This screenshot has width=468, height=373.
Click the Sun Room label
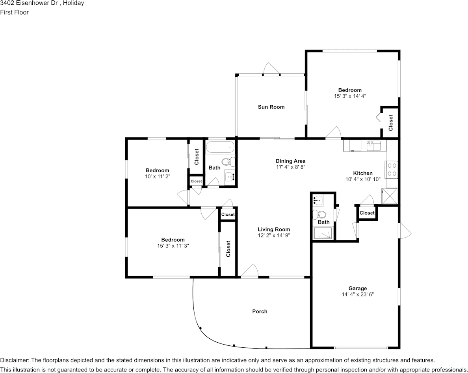(x=271, y=107)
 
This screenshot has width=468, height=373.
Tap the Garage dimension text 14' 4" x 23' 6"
(x=358, y=295)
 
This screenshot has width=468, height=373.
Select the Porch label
(x=260, y=311)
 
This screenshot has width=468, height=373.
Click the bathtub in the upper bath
(x=220, y=147)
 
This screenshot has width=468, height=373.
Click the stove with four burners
(x=391, y=170)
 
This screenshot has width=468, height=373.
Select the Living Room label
(x=274, y=229)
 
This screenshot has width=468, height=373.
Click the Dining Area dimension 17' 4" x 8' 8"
(x=290, y=167)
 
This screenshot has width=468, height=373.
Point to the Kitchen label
(x=363, y=173)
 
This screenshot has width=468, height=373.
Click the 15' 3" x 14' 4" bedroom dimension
(x=350, y=96)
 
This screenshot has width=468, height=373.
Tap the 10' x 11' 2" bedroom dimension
(x=157, y=177)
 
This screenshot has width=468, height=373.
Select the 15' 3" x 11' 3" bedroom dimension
(x=173, y=246)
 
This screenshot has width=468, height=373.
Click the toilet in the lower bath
(x=319, y=214)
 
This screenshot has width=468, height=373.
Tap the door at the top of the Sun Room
(x=271, y=69)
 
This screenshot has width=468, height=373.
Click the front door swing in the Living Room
(x=249, y=270)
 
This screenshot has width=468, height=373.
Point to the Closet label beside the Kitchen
(x=367, y=213)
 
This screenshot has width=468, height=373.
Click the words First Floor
(x=14, y=12)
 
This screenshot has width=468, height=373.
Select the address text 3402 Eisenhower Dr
(x=29, y=3)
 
